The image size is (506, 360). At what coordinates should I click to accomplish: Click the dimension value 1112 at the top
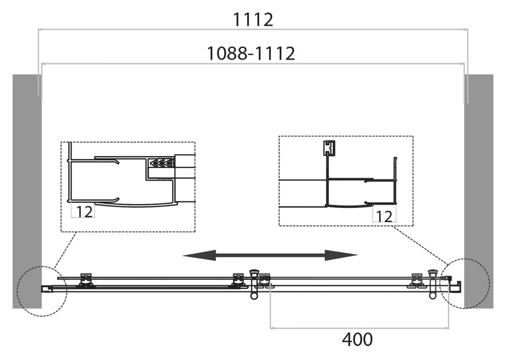pyautogui.click(x=252, y=20)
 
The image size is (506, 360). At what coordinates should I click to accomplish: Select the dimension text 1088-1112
pyautogui.click(x=251, y=53)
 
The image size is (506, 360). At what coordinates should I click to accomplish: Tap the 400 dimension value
pyautogui.click(x=357, y=339)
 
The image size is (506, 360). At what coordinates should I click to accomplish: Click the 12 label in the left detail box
pyautogui.click(x=84, y=212)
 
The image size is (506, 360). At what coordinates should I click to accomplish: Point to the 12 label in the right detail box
pyautogui.click(x=385, y=216)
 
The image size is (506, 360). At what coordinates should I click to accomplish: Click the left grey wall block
pyautogui.click(x=27, y=191)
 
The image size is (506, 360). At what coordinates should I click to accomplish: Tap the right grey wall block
pyautogui.click(x=479, y=191)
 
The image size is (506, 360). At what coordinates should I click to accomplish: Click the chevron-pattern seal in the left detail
pyautogui.click(x=161, y=163)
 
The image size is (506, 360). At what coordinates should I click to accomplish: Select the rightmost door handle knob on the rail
pyautogui.click(x=433, y=284)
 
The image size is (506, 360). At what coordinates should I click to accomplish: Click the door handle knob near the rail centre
pyautogui.click(x=255, y=284)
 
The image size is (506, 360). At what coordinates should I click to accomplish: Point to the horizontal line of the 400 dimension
pyautogui.click(x=359, y=328)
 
